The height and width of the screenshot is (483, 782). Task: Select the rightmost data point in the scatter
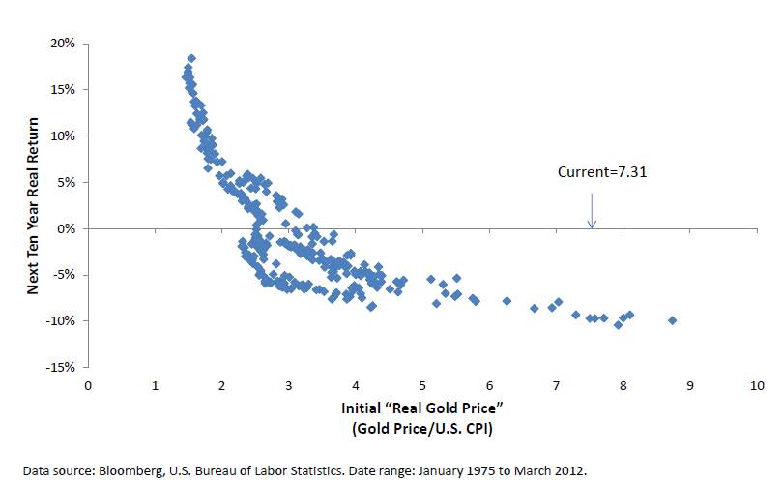(x=672, y=320)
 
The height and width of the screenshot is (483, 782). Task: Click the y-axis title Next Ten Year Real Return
(x=35, y=205)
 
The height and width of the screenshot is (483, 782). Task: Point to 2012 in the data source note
(x=571, y=469)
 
